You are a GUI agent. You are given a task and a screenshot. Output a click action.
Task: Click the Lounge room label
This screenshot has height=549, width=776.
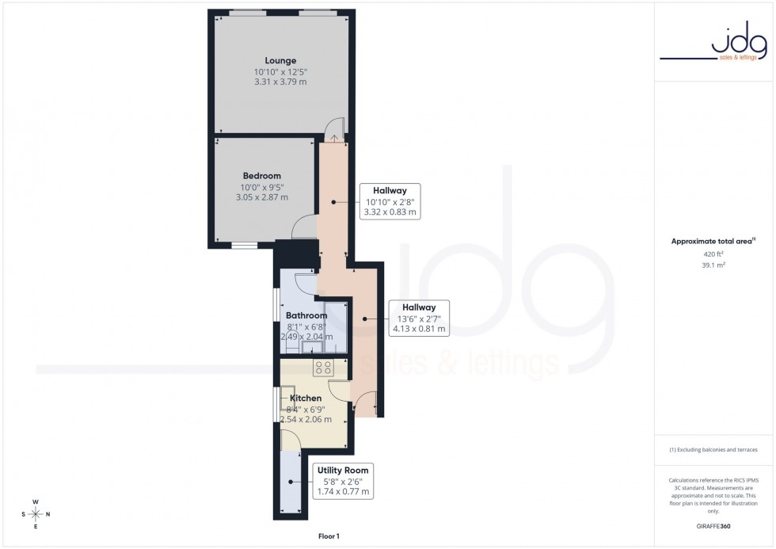click(x=280, y=61)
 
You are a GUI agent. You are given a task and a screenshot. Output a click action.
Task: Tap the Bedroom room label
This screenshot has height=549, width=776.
click(x=261, y=176)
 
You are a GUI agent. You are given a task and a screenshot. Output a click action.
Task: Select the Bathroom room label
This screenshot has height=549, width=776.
click(x=306, y=316)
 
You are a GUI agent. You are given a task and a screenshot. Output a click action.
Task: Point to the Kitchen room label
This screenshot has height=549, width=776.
click(x=306, y=398)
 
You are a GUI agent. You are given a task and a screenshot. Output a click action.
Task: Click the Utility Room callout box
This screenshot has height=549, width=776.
click(x=343, y=481)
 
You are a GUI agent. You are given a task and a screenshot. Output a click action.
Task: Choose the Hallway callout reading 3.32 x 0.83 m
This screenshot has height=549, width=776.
click(x=390, y=201)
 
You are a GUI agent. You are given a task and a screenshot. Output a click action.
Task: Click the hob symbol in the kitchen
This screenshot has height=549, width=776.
click(x=325, y=367)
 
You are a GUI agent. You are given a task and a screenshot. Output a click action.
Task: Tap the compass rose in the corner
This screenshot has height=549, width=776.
click(x=36, y=514)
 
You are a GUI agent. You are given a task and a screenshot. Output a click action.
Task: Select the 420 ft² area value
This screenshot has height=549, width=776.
click(x=714, y=254)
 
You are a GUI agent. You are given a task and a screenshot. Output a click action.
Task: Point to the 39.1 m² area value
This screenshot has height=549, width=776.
click(x=714, y=265)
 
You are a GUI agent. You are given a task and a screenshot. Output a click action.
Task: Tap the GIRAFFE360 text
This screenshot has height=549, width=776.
click(x=714, y=525)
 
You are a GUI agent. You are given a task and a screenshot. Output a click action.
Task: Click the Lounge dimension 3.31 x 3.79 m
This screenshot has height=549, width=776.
click(x=280, y=82)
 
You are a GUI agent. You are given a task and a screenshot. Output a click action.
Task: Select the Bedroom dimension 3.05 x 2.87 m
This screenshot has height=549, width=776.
click(x=261, y=197)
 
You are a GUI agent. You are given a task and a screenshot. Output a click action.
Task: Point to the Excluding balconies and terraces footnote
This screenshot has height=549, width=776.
click(x=714, y=450)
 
